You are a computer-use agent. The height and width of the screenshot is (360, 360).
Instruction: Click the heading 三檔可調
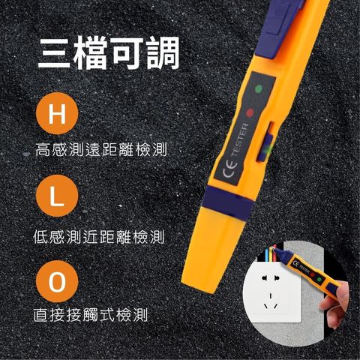109,52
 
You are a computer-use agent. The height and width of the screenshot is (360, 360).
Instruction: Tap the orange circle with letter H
57,113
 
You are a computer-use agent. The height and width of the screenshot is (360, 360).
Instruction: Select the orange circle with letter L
57,196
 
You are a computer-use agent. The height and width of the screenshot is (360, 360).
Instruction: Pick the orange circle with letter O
57,281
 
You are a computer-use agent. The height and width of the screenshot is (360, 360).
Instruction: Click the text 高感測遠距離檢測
101,149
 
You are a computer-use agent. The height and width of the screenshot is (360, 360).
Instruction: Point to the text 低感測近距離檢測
99,236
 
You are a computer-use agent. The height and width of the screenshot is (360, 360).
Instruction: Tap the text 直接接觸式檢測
91,315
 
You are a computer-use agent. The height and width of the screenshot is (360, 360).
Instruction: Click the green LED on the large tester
259,88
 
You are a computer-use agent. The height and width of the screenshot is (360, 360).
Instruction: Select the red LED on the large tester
250,113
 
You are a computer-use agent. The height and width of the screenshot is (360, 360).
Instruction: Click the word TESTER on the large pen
239,140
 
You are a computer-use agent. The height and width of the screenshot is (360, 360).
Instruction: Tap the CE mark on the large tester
230,170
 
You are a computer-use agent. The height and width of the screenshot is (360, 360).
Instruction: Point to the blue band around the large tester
228,202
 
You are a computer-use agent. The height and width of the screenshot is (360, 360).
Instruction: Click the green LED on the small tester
319,280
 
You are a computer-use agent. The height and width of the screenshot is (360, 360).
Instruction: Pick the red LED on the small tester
312,274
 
